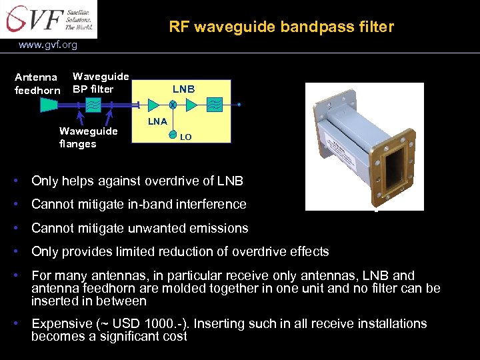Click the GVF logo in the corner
click(x=48, y=19)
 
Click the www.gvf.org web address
click(x=48, y=45)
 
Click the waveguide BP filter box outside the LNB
click(x=94, y=105)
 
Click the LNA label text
click(x=157, y=121)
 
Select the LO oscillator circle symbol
click(x=172, y=135)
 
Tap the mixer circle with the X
click(x=172, y=105)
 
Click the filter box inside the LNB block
click(x=215, y=105)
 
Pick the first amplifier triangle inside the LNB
click(x=153, y=105)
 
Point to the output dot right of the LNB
click(x=239, y=105)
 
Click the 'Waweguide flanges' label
click(x=88, y=137)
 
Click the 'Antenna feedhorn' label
click(x=37, y=83)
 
